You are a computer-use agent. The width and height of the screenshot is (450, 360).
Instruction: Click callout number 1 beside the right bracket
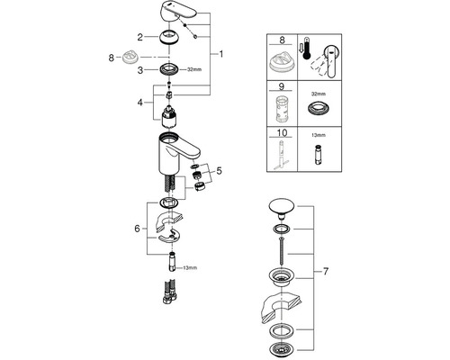[221, 54]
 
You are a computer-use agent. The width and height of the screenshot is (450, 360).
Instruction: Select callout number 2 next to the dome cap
[140, 37]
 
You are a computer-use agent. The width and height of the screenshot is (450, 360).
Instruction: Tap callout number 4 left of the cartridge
[140, 103]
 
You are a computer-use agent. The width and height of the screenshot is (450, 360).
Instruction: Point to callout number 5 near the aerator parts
[219, 171]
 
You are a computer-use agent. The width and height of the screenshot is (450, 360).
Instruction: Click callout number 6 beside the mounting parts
[137, 229]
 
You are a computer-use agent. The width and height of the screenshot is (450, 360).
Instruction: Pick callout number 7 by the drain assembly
[326, 272]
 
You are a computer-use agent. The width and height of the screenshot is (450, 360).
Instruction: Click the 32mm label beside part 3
[194, 69]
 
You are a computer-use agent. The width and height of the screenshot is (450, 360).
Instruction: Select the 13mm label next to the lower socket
[190, 267]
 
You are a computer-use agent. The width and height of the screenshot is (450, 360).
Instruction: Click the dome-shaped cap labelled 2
[169, 38]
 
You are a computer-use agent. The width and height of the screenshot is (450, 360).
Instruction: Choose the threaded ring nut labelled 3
[169, 69]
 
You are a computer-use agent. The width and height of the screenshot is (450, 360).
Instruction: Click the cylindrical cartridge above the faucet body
[169, 116]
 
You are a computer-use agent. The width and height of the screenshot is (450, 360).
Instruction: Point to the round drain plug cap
[281, 208]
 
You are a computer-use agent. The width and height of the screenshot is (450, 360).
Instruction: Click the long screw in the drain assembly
[282, 251]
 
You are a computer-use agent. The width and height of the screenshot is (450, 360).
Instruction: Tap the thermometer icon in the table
[306, 48]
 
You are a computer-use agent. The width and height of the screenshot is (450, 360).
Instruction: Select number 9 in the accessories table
[281, 87]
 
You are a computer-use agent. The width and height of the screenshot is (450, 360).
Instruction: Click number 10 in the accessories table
[282, 132]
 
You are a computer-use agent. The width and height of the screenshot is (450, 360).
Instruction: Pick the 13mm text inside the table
[319, 135]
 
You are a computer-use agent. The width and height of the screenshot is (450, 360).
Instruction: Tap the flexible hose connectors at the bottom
[170, 292]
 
